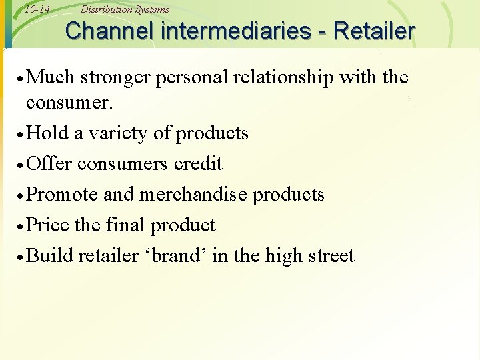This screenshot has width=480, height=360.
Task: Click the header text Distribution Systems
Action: [125, 9]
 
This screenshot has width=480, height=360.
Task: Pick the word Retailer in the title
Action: [376, 31]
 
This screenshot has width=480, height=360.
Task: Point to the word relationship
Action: [283, 78]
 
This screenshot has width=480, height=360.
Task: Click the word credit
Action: [197, 164]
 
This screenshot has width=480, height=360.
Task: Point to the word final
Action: [125, 225]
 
